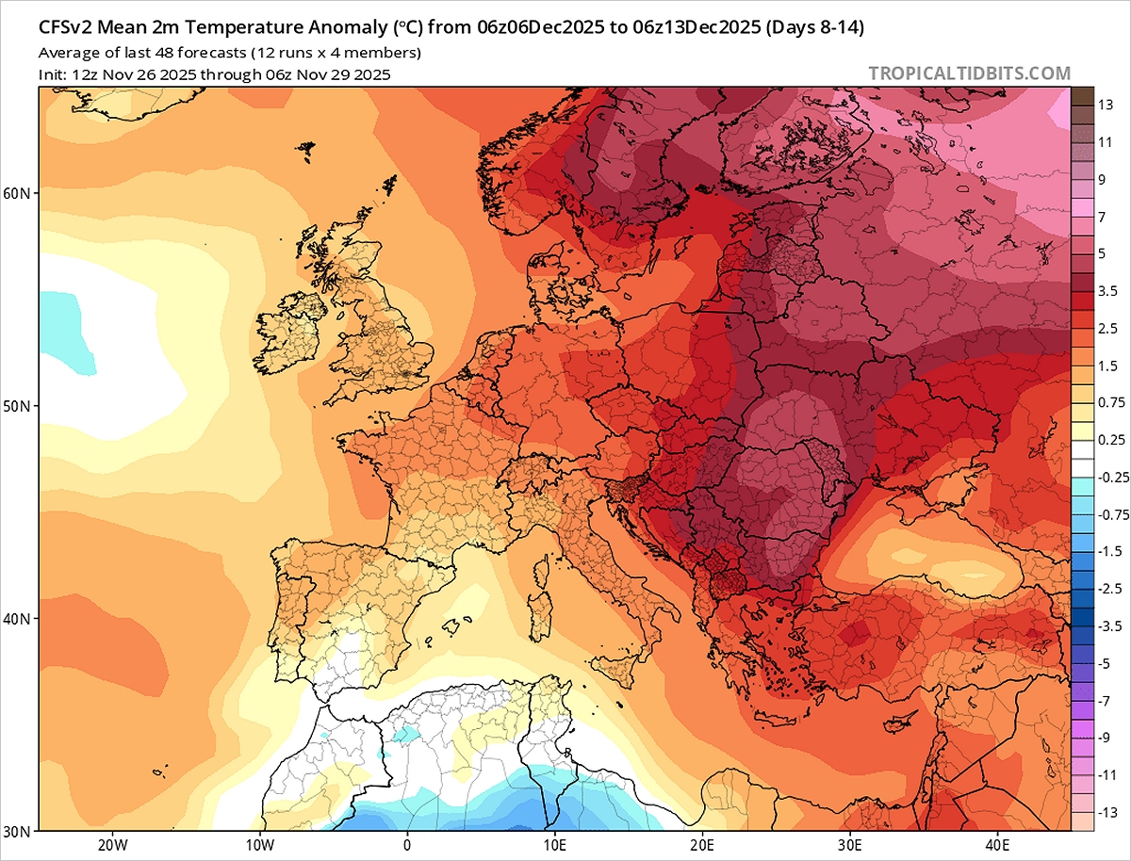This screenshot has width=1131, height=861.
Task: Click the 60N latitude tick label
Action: coord(20,193)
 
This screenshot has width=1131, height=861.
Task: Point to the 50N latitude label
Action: coord(20,406)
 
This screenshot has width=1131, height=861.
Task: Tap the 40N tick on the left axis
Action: coord(20,619)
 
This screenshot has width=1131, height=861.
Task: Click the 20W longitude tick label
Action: coord(112,845)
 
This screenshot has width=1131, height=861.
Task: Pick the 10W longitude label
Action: coord(259,845)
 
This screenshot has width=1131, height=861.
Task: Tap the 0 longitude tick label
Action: coord(407,845)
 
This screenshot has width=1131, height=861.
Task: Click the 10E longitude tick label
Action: coord(554,845)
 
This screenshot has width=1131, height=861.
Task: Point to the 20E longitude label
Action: coord(702,845)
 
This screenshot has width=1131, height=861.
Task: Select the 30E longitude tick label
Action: coord(849,845)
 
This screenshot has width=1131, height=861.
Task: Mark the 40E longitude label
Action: coord(996,845)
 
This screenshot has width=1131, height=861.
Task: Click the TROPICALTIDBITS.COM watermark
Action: coord(969,73)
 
